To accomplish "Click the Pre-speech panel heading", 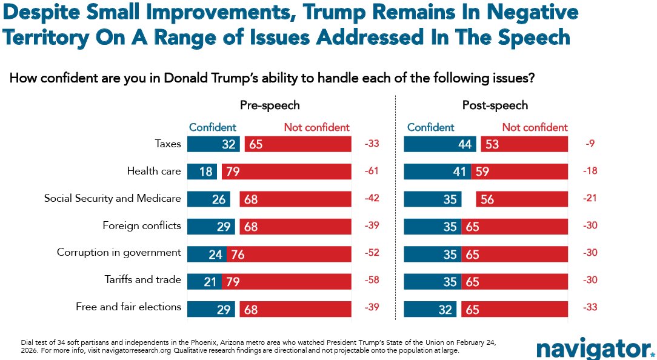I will click(x=270, y=105).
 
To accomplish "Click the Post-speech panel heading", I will click(x=495, y=105).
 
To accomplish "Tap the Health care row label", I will click(x=154, y=171).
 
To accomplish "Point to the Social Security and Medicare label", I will click(x=113, y=198).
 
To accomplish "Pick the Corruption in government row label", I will click(x=119, y=252).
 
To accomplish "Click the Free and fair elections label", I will click(x=128, y=307).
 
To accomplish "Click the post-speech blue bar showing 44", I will click(x=440, y=144).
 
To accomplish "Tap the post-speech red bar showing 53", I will click(x=524, y=144).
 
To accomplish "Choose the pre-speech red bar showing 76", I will click(x=289, y=253).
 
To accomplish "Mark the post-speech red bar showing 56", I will click(x=522, y=199).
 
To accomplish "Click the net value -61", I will click(x=372, y=172).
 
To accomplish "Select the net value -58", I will click(x=372, y=280).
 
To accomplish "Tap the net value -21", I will click(x=589, y=199).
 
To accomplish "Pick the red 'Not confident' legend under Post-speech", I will click(x=535, y=127).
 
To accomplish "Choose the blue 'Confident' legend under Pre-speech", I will click(x=213, y=127).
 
